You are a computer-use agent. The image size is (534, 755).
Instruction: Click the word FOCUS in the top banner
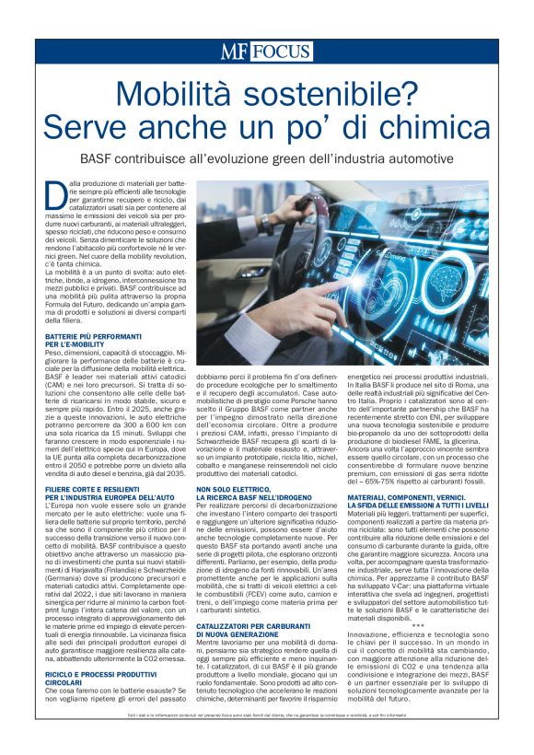pos(280,52)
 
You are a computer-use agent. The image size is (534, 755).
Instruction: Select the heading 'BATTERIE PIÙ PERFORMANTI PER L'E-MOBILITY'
pos(84,341)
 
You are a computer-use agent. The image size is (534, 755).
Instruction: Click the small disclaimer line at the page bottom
pos(267,741)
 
